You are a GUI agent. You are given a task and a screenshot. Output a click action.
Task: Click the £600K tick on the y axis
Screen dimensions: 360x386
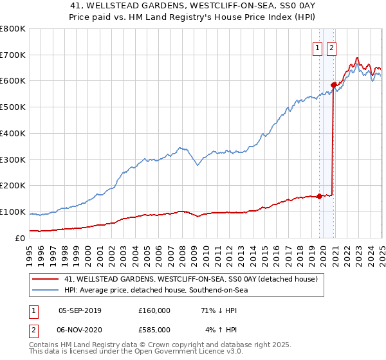[13, 81]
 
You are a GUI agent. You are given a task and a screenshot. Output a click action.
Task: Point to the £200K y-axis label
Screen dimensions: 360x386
[13, 186]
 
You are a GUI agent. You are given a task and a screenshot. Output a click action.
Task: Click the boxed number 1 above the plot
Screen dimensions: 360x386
[318, 47]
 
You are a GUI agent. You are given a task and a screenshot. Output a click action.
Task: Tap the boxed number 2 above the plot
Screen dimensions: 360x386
[331, 47]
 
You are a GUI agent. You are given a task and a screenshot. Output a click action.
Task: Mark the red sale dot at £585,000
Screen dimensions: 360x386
[333, 85]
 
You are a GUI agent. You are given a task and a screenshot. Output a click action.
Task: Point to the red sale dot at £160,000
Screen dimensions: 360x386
[319, 196]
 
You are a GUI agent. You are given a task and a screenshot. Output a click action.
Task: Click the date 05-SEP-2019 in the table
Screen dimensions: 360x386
[80, 310]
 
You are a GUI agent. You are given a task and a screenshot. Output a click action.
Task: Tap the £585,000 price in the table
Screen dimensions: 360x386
[154, 330]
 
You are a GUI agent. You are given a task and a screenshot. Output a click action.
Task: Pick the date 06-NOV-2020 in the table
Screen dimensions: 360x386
[80, 330]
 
